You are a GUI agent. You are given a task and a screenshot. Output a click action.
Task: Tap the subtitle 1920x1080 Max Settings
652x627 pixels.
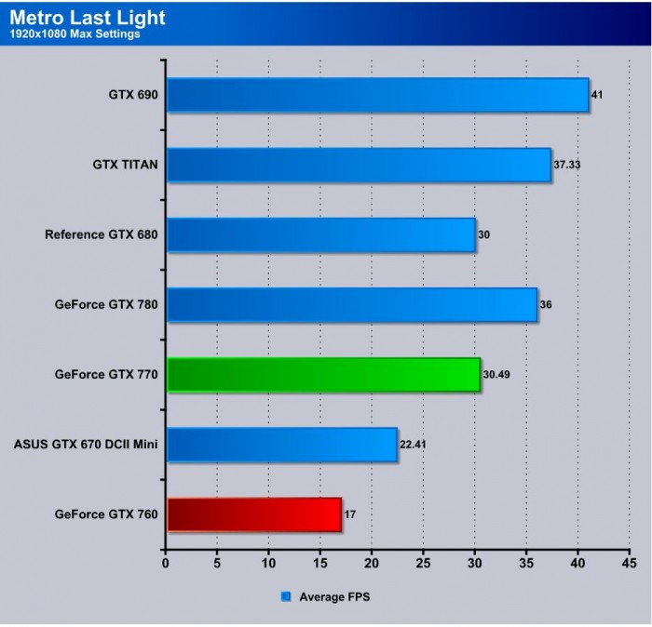(75, 35)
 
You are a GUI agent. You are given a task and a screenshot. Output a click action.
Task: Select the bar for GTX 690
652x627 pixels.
(377, 94)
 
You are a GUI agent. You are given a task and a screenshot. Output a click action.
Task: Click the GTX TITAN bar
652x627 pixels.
(359, 165)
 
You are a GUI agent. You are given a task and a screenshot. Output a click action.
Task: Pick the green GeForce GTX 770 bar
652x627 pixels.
(323, 375)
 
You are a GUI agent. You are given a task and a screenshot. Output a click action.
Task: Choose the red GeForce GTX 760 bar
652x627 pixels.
(254, 514)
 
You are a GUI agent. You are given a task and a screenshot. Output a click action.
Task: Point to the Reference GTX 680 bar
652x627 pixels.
(320, 234)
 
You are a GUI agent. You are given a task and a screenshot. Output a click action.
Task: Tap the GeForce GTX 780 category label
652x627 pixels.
(106, 304)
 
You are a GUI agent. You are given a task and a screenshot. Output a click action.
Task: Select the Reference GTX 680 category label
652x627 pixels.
(101, 234)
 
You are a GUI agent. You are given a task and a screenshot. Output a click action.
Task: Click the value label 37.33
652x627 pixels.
(567, 165)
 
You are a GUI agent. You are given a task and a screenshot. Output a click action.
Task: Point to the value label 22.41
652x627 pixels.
(413, 444)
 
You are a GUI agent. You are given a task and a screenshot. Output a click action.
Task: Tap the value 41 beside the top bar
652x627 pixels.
(597, 95)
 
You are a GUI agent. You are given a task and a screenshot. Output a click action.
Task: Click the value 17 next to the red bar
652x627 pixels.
(350, 514)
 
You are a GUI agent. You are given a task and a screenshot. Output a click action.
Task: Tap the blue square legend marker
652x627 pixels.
(286, 596)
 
